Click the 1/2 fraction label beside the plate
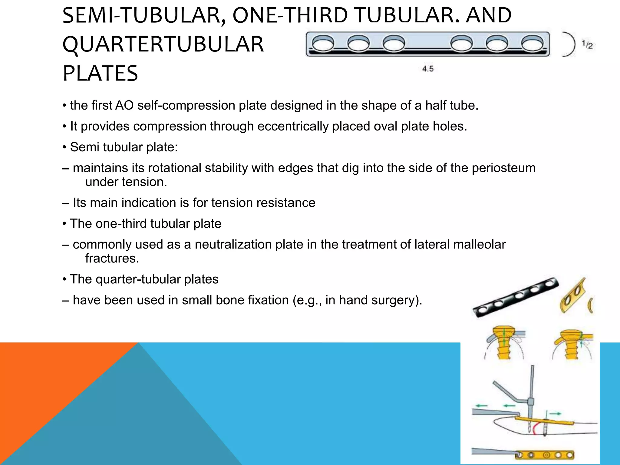tap(587, 45)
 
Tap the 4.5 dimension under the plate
tap(428, 69)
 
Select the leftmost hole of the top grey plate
tap(323, 45)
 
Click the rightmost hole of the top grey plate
tap(532, 45)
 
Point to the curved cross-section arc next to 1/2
tap(569, 45)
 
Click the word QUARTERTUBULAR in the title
tap(163, 45)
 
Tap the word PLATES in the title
tap(100, 74)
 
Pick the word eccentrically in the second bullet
tap(293, 126)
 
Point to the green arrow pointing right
tap(555, 414)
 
